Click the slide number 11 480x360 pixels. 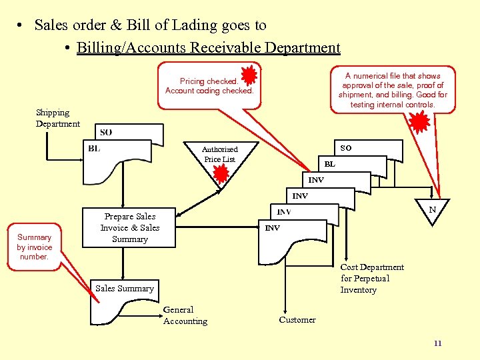click(437, 343)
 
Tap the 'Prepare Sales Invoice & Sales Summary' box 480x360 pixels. click(130, 228)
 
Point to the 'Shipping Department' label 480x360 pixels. click(57, 118)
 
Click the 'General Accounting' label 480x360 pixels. click(185, 315)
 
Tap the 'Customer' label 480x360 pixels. click(297, 320)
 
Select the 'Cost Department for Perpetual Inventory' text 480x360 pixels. click(372, 279)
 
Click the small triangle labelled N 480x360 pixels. click(432, 211)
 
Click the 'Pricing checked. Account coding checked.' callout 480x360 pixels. click(209, 86)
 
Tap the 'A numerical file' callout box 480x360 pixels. click(393, 90)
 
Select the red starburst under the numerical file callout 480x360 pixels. click(419, 122)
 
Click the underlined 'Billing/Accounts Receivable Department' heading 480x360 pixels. click(208, 48)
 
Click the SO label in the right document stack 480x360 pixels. click(346, 147)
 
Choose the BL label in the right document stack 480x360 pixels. click(329, 163)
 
